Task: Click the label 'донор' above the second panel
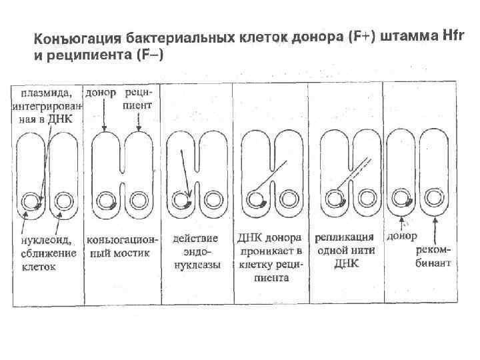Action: point(101,92)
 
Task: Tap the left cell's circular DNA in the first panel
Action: point(29,201)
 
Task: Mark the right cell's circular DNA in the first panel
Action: point(64,201)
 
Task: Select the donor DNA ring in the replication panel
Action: point(331,197)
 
